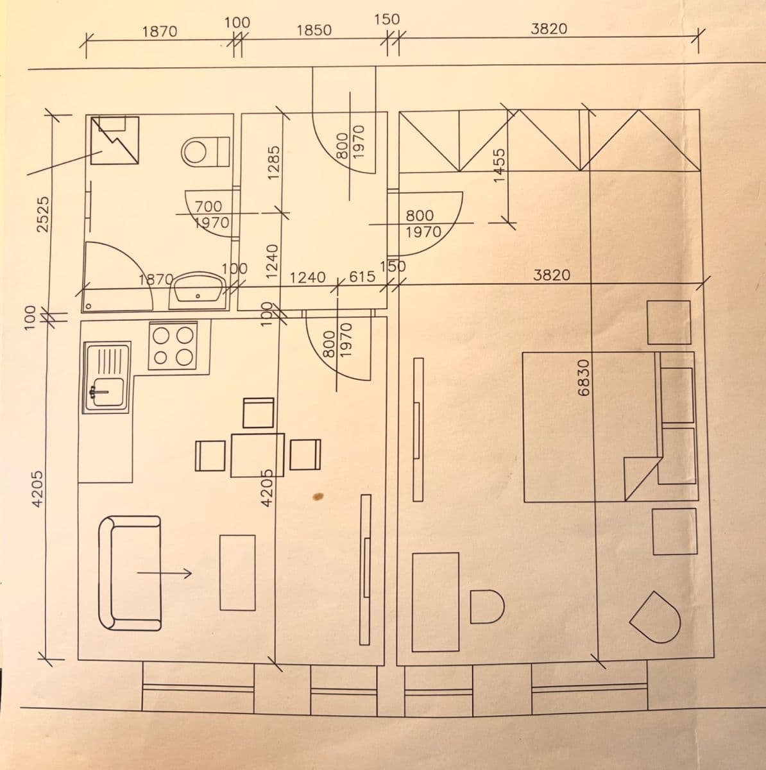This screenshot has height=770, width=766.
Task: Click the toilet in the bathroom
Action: [204, 151]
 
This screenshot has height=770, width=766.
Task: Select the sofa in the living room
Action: [128, 573]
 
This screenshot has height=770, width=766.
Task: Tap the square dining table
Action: [257, 456]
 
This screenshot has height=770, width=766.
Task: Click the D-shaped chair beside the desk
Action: [487, 606]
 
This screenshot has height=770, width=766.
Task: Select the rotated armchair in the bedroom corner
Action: [656, 618]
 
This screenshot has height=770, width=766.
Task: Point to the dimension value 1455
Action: [500, 166]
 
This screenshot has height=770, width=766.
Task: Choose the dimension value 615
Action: [362, 277]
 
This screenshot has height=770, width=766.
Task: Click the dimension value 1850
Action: [314, 30]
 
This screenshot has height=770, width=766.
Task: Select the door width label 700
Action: [209, 207]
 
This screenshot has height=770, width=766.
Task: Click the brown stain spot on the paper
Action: [318, 495]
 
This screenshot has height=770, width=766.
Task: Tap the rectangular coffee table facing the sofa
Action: [237, 572]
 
